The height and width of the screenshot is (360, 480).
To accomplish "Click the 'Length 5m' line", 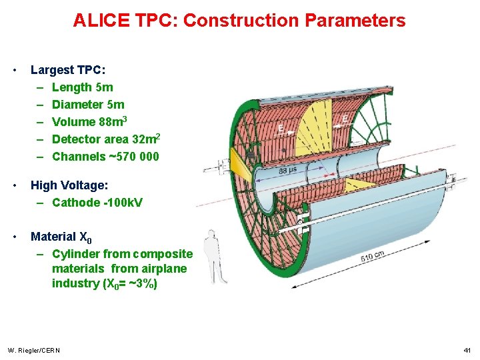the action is click(82, 87).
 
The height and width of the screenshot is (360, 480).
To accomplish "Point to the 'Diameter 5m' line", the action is click(87, 105).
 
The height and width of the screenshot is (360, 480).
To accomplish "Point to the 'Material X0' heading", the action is click(61, 237).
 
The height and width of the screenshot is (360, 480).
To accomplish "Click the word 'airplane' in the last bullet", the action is click(161, 269).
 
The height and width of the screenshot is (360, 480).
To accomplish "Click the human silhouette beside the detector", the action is click(213, 256).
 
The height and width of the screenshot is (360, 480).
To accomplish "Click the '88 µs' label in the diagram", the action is click(288, 171).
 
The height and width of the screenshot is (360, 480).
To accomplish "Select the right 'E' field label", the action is click(344, 119).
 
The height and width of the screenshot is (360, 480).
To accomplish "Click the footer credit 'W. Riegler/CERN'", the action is click(33, 350).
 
